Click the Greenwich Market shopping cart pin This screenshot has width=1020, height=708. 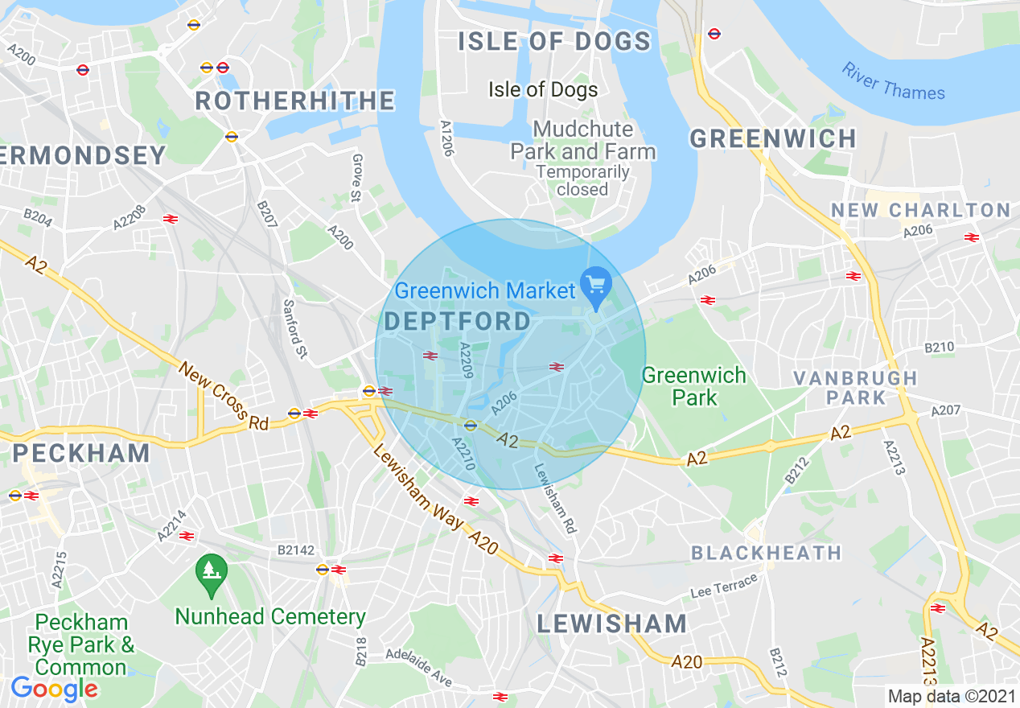(596, 286)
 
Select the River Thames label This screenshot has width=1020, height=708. (893, 81)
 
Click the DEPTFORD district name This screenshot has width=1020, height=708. (458, 322)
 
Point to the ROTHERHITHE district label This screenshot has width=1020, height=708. (295, 101)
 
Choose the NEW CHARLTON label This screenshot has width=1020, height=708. (920, 210)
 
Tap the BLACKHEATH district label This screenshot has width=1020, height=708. (766, 553)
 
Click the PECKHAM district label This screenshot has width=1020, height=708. (81, 453)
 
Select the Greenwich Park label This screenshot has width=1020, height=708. (693, 386)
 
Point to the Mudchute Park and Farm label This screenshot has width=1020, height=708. (583, 140)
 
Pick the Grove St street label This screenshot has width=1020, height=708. (356, 178)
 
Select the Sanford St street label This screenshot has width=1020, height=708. (295, 329)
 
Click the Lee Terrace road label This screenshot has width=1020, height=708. (724, 586)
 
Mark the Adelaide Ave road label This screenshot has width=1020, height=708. (418, 667)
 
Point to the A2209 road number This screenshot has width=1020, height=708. (464, 360)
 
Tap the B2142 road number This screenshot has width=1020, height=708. (295, 550)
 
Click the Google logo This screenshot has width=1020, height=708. (54, 689)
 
